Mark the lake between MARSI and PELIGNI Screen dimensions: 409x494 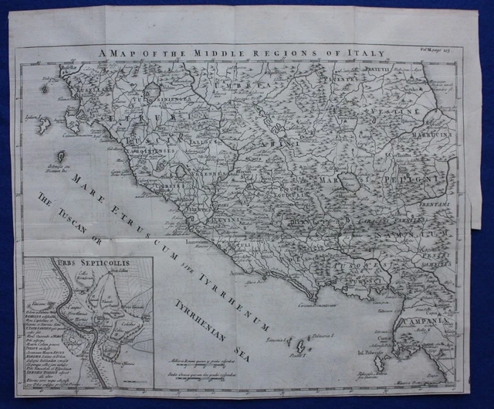[351, 182]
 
